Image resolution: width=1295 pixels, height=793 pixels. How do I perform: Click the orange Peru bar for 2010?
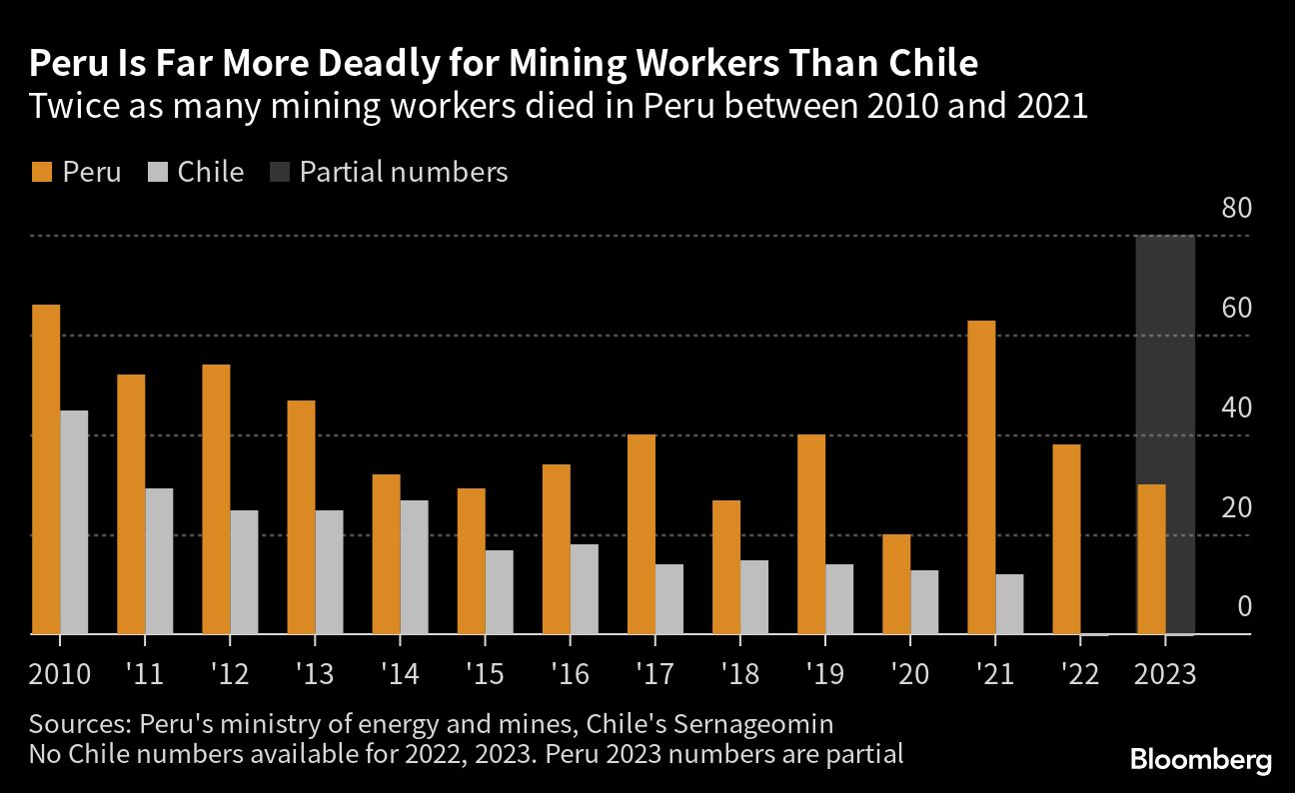click(46, 469)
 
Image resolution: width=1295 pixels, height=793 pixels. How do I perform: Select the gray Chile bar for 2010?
click(74, 522)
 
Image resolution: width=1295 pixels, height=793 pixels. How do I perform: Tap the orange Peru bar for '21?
click(981, 477)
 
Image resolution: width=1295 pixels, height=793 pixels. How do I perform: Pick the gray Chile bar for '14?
click(414, 567)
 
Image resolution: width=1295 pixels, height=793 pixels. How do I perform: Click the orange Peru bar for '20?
click(896, 584)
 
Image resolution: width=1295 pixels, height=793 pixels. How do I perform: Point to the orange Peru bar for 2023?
click(1151, 559)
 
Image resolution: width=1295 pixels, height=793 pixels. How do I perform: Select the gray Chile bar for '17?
click(669, 599)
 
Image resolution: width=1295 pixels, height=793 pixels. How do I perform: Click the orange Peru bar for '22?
click(1066, 539)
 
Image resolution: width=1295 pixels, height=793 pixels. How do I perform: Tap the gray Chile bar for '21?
click(1009, 604)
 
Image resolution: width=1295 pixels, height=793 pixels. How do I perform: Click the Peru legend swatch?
click(41, 172)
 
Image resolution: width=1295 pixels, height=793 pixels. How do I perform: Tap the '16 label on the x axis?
click(570, 674)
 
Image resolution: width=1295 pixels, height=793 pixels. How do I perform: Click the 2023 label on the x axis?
click(1165, 674)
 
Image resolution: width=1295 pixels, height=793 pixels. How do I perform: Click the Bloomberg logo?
click(1201, 760)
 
